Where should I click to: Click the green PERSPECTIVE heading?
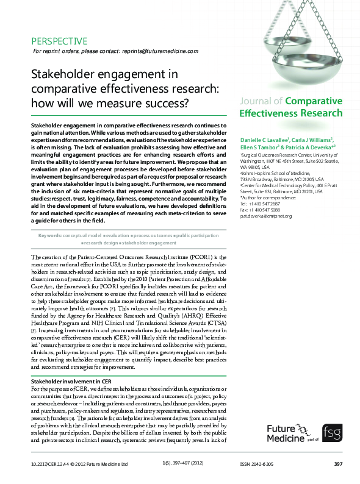click(x=59, y=41)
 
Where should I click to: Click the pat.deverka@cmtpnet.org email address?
click(x=266, y=216)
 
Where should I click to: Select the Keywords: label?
click(x=52, y=235)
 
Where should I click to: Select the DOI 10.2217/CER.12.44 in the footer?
click(x=49, y=464)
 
